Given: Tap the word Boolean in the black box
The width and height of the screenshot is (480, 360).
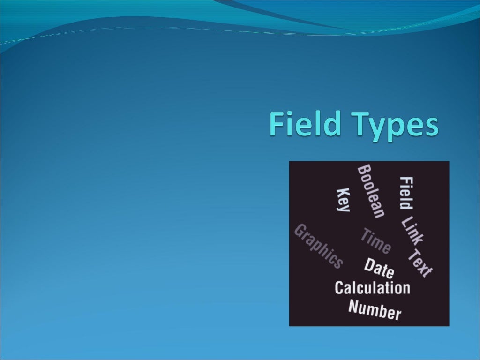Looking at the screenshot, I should tap(371, 191).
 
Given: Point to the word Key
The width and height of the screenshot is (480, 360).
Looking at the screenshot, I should tap(344, 200).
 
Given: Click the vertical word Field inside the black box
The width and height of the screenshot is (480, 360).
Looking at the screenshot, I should tap(406, 193).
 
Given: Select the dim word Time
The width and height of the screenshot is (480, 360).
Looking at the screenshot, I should tap(375, 240).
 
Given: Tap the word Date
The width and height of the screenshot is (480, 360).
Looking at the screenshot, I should tap(379, 269).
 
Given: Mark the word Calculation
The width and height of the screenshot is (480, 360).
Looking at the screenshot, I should tap(372, 287).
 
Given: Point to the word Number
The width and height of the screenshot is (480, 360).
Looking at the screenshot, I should tap(375, 310).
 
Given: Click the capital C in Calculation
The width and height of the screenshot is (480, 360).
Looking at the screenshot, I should tap(339, 287).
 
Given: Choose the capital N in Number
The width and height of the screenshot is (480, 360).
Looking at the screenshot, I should tap(354, 307).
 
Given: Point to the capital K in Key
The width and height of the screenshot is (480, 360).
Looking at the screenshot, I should tap(344, 193).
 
